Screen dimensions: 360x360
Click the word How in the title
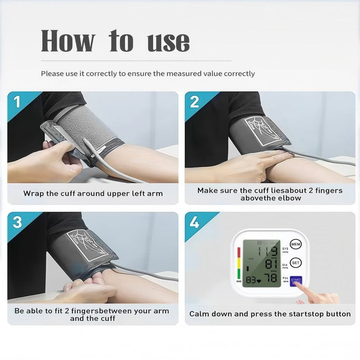[x=68, y=41]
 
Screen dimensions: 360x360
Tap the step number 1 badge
[x=17, y=102]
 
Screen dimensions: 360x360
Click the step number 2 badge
[x=194, y=102]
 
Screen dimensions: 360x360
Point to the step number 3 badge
[x=17, y=222]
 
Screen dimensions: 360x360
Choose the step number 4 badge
[x=194, y=222]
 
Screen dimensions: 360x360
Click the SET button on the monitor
[x=295, y=263]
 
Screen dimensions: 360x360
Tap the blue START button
[x=296, y=281]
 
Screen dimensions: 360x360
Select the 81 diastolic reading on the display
[x=271, y=265]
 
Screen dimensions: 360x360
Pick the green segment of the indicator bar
[x=238, y=274]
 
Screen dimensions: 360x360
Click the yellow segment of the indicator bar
[x=238, y=263]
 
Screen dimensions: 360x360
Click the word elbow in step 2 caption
[x=291, y=198]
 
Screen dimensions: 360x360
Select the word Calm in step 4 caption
[x=199, y=314]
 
